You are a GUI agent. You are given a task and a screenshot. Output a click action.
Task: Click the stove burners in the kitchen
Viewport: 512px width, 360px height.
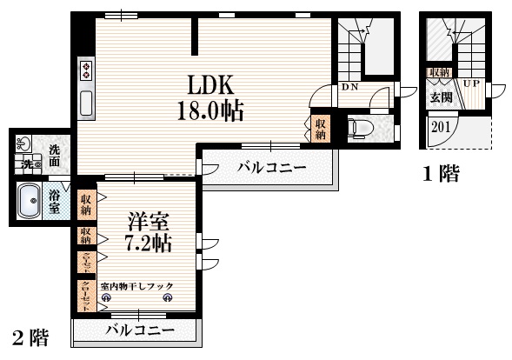pyautogui.click(x=87, y=70)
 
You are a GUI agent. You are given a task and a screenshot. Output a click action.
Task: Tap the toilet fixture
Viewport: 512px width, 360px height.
pyautogui.click(x=359, y=129)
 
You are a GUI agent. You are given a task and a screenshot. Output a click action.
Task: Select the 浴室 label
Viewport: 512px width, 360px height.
pyautogui.click(x=55, y=203)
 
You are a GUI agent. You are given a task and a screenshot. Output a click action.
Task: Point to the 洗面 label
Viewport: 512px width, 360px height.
pyautogui.click(x=55, y=155)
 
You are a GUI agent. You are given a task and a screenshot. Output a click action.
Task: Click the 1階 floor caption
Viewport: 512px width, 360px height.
pyautogui.click(x=440, y=174)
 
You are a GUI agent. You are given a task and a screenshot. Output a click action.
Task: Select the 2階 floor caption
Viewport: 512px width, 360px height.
pyautogui.click(x=29, y=337)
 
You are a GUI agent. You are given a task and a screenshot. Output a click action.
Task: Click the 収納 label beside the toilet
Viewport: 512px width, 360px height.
pyautogui.click(x=320, y=129)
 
